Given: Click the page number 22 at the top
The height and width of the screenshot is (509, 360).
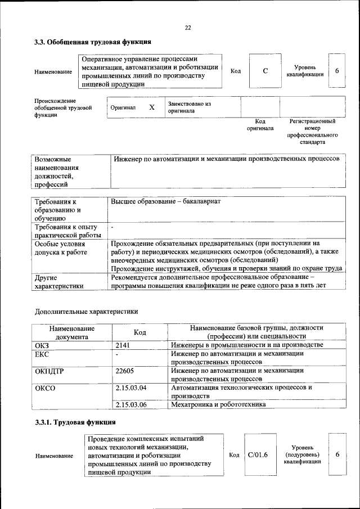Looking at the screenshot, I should point(188,28).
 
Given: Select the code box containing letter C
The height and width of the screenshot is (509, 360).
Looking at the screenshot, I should point(265,71).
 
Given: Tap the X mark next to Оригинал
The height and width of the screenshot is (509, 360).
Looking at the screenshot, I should point(151,107).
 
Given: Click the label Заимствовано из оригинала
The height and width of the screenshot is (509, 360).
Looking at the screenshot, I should point(188,107).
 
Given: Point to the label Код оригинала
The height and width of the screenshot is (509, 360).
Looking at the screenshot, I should point(260,125).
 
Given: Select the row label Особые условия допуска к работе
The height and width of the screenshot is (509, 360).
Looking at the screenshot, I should point(61,249).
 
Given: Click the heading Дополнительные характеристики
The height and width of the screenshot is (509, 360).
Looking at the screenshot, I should point(86,311).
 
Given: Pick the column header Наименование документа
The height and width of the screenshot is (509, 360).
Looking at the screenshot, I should point(71,332).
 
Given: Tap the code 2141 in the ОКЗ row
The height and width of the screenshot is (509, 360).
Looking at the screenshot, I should point(123,345).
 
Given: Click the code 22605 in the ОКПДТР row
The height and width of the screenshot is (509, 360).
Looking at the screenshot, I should point(125,371).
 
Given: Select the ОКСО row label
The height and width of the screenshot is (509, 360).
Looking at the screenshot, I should point(46,388).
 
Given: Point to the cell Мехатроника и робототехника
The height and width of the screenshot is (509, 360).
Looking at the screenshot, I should point(218,404).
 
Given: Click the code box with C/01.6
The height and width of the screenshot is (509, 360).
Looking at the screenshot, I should point(258,454).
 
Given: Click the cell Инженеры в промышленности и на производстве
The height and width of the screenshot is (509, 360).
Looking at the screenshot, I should point(247,345).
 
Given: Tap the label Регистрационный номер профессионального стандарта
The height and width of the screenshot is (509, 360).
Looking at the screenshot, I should point(312,132).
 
